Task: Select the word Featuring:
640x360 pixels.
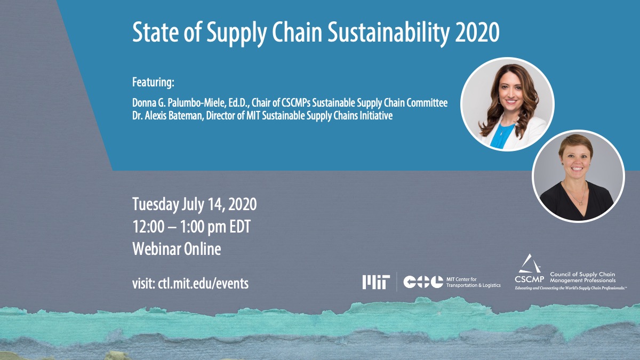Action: tap(153, 82)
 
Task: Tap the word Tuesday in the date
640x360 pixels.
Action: tap(156, 204)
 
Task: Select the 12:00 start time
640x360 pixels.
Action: tap(148, 226)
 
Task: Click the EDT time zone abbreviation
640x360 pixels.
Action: tap(240, 226)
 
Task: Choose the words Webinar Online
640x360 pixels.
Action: tap(177, 249)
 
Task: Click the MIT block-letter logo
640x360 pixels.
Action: tap(376, 282)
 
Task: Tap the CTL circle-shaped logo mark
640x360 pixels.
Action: tap(423, 282)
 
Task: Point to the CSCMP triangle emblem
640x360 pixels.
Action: tap(530, 263)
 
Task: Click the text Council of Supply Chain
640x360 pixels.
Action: tap(582, 274)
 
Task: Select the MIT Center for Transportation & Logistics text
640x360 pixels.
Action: tap(474, 282)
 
